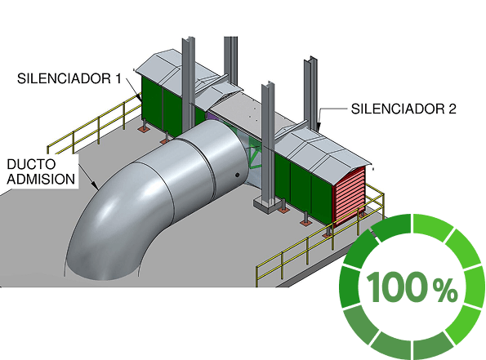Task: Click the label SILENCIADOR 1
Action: tap(69, 78)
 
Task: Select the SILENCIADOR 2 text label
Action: tap(404, 109)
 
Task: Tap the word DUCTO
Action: tap(31, 164)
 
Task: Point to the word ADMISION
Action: tap(41, 179)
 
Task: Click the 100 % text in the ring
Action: tap(412, 287)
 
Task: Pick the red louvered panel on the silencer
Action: tap(349, 194)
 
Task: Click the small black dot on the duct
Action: tap(238, 175)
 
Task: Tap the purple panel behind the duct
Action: tap(212, 117)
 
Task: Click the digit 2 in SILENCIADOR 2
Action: tap(452, 109)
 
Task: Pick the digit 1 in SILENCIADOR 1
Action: tap(118, 78)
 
